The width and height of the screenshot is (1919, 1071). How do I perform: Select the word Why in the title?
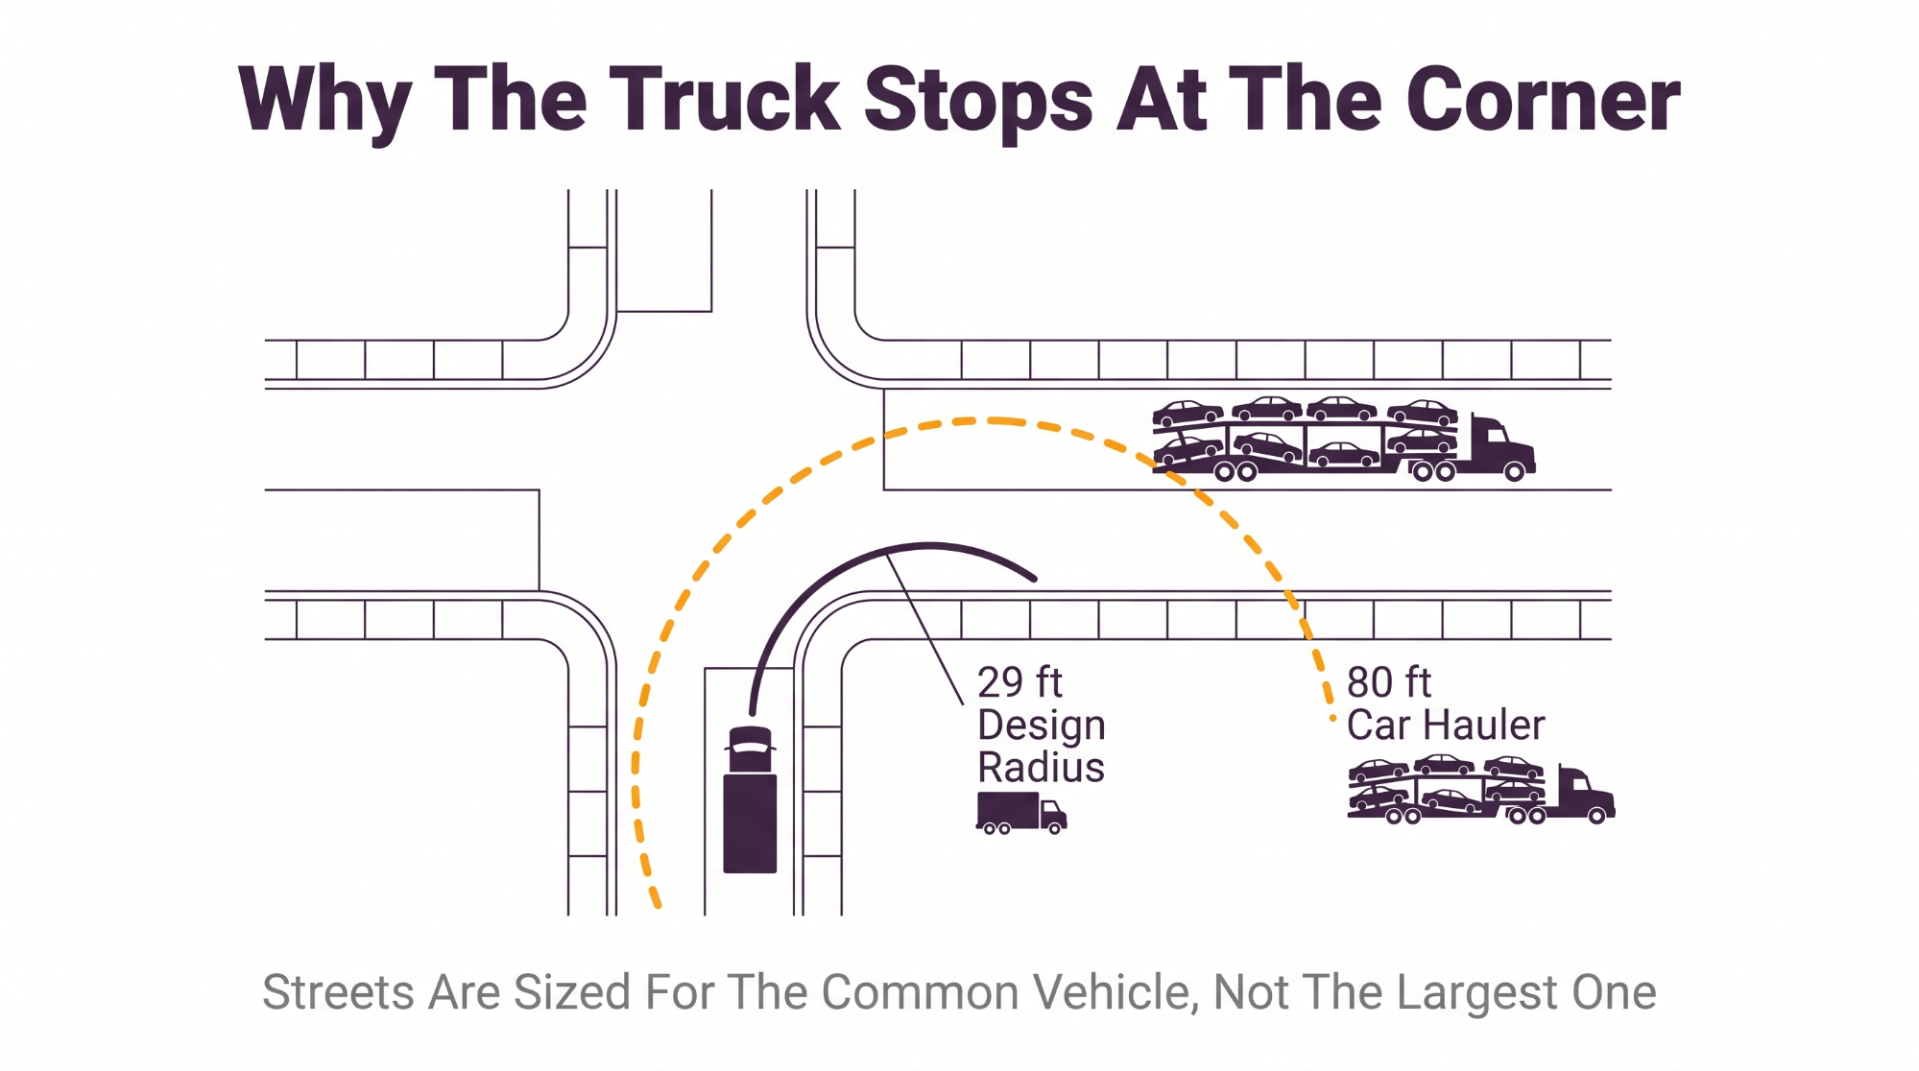(325, 104)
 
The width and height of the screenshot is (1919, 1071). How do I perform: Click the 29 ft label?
(1019, 682)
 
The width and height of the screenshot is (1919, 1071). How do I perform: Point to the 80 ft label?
(1388, 682)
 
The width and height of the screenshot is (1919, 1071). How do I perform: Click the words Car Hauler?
(1446, 725)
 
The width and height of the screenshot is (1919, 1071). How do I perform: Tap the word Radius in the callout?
(1041, 767)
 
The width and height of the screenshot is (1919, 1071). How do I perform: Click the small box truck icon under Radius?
(1021, 813)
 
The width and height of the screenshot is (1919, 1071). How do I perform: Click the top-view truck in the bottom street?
(750, 799)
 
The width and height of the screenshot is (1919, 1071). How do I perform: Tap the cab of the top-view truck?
(751, 749)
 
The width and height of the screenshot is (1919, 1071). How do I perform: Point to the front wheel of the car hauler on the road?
(1514, 471)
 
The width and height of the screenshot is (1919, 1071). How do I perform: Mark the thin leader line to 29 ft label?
(924, 629)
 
